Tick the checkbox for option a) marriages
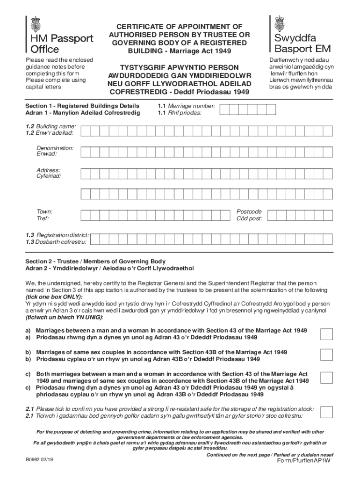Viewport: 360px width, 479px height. [x=326, y=334]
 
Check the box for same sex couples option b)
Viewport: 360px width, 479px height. [x=326, y=356]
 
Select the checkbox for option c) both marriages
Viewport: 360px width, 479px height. [x=326, y=378]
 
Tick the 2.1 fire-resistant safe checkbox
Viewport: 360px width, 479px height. [x=326, y=412]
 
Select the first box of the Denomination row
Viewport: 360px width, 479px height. [x=85, y=152]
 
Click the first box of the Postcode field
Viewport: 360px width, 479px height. [x=272, y=215]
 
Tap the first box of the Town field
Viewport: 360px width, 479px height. [x=85, y=215]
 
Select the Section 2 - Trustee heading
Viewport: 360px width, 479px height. [x=95, y=261]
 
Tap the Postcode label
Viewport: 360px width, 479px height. [x=249, y=211]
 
